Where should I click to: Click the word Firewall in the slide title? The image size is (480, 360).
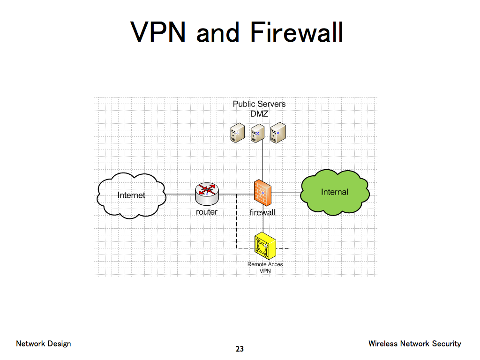[296, 32]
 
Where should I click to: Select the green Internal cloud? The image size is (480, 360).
[334, 192]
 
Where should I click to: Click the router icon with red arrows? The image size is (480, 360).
[207, 194]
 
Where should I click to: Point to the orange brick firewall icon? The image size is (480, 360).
[262, 193]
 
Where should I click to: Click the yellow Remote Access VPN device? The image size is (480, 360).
[265, 246]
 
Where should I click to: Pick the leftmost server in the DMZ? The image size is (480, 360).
[237, 133]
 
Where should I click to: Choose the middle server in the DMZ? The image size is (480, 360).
[256, 133]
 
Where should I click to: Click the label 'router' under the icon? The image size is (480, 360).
[207, 212]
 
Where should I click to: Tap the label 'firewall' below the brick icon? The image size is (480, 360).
[262, 212]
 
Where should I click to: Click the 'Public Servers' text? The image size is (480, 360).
[259, 104]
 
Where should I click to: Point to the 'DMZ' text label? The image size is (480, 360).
[259, 113]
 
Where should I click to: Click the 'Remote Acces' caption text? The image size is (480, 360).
[265, 264]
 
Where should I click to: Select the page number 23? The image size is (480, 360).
[240, 349]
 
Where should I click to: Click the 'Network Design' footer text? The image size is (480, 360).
[44, 344]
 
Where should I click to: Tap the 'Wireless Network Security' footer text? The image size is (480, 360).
[414, 344]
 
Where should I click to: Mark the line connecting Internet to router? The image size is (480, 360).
[180, 194]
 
